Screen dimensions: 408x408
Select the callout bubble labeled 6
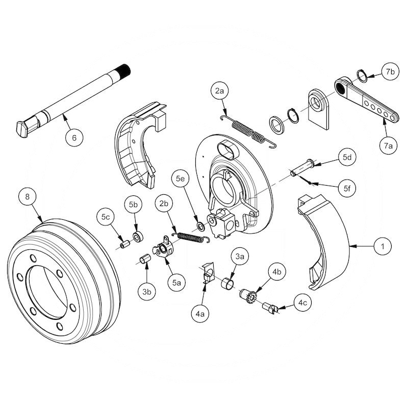coord(74,138)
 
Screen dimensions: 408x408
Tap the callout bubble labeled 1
coord(379,247)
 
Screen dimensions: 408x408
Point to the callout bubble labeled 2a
coord(220,92)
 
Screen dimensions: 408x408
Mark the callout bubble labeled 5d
coord(347,157)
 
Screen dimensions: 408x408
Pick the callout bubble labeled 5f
coord(347,189)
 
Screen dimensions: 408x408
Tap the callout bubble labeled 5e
coord(181,179)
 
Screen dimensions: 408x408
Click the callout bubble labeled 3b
coord(147,292)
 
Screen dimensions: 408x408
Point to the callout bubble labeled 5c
coord(106,217)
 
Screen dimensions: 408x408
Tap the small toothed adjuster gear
coord(250,296)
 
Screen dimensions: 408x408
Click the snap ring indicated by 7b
coord(361,76)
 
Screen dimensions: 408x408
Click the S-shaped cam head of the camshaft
coord(23,128)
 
